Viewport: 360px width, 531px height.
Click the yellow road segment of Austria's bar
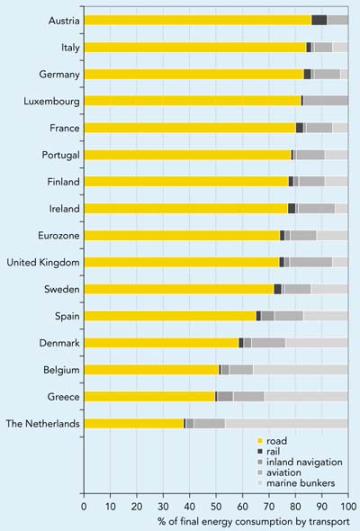tap(198, 20)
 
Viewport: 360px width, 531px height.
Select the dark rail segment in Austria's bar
tap(319, 20)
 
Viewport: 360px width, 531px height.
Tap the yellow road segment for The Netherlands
tap(134, 423)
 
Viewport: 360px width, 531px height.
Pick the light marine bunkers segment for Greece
tap(306, 397)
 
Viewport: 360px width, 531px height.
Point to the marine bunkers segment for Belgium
tap(301, 370)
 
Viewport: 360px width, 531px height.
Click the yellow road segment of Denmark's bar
tap(161, 343)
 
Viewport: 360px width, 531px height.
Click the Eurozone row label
tap(58, 236)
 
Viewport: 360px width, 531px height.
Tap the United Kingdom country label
tap(43, 263)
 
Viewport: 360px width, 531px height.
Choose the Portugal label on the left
tap(60, 155)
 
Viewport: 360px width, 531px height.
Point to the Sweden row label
tap(61, 289)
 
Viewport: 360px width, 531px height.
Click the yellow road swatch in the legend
tap(260, 441)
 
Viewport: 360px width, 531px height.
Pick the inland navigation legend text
tap(304, 462)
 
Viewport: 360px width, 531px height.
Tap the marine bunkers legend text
tap(301, 483)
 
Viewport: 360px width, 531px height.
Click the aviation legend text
tap(283, 472)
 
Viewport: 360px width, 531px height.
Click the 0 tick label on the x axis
tap(84, 507)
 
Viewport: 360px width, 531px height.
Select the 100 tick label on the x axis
tap(348, 507)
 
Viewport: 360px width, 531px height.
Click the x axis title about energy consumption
tap(254, 521)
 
